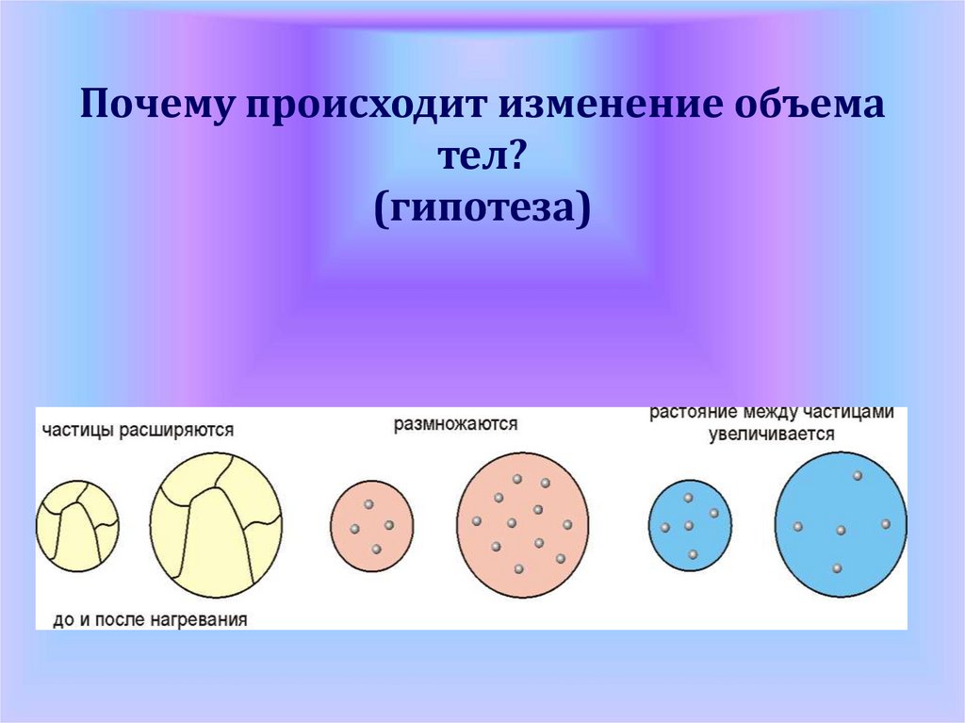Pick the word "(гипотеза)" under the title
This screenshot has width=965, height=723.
pyautogui.click(x=482, y=209)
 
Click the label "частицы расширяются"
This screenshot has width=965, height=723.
pyautogui.click(x=138, y=430)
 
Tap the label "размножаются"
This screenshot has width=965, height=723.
pyautogui.click(x=456, y=424)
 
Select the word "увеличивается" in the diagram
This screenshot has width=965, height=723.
pyautogui.click(x=773, y=435)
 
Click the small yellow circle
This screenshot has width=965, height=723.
pyautogui.click(x=77, y=525)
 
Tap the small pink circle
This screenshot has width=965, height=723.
pyautogui.click(x=371, y=523)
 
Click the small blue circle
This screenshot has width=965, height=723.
pyautogui.click(x=690, y=525)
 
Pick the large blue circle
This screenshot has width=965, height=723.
pyautogui.click(x=841, y=524)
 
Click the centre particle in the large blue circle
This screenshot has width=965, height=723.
pyautogui.click(x=841, y=531)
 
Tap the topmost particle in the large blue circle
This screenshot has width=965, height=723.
pyautogui.click(x=858, y=476)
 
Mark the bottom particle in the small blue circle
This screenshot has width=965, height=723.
pyautogui.click(x=693, y=555)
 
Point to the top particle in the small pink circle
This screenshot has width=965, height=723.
pyautogui.click(x=369, y=504)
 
